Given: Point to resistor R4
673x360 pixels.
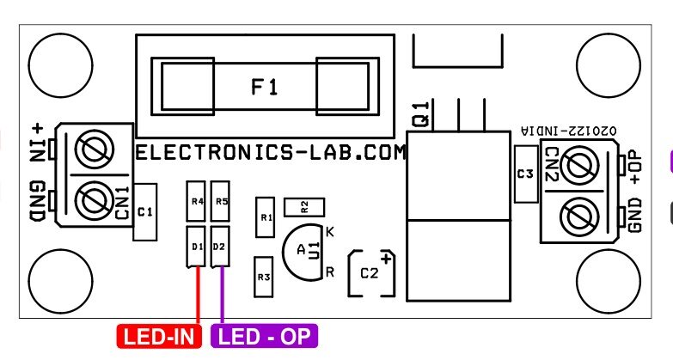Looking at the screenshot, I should [x=197, y=203].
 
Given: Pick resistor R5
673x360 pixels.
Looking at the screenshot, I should [x=222, y=203].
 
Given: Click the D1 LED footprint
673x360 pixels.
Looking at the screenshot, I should [x=197, y=247].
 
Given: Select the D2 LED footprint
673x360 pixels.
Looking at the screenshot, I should [x=221, y=247].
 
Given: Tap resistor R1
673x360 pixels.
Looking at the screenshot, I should [x=265, y=218].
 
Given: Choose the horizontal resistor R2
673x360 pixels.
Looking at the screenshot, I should [x=303, y=205].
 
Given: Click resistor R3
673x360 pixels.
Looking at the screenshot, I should [x=264, y=277].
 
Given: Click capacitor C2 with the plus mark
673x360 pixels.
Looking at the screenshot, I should [x=370, y=274].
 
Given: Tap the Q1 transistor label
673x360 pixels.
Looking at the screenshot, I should [x=421, y=113].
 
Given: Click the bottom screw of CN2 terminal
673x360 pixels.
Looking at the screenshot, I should [x=579, y=211].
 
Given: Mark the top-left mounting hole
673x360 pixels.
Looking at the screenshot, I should [x=60, y=64].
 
